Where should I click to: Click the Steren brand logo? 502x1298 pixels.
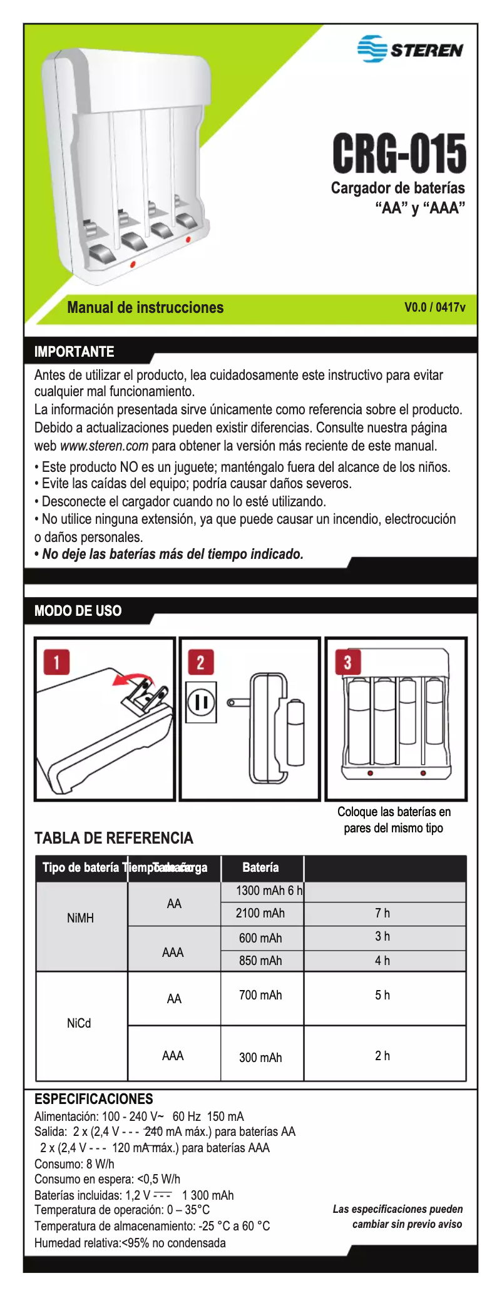[x=410, y=49]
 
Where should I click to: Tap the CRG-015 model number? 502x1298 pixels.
[x=399, y=153]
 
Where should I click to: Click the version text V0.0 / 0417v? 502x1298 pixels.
[x=434, y=307]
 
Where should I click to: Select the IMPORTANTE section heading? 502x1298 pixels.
[x=74, y=352]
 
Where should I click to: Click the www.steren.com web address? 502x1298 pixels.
[x=104, y=446]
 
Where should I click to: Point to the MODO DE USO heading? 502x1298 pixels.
[x=78, y=611]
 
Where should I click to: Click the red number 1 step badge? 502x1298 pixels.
[x=56, y=662]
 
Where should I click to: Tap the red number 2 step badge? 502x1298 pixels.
[x=201, y=662]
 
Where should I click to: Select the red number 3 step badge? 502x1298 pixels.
[x=348, y=662]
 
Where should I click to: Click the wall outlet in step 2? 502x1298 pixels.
[x=201, y=702]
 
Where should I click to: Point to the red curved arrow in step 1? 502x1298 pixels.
[x=133, y=679]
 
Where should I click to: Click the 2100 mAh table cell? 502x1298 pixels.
[x=260, y=913]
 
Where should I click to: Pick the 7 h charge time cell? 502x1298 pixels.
[x=382, y=913]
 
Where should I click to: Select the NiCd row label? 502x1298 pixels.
[x=79, y=1023]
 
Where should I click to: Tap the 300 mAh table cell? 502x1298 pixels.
[x=260, y=1058]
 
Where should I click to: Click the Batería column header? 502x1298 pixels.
[x=260, y=867]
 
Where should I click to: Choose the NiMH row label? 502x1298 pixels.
[x=80, y=918]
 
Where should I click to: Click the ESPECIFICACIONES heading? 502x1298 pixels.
[x=93, y=1099]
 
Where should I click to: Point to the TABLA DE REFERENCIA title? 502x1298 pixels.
[x=113, y=838]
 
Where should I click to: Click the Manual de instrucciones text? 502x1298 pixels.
[x=145, y=307]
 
